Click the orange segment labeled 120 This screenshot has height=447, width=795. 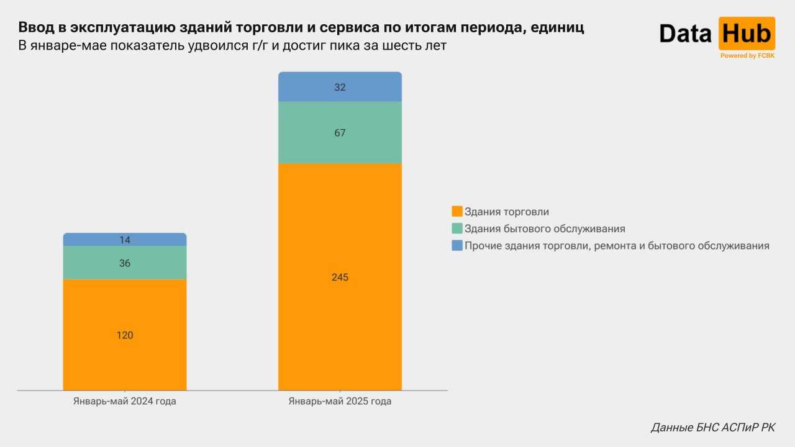[125, 335]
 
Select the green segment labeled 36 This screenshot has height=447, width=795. [125, 263]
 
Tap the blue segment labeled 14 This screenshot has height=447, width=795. [125, 240]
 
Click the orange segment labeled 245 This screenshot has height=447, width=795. [340, 277]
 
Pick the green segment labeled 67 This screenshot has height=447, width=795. [340, 132]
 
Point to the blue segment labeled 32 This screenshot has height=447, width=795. [340, 87]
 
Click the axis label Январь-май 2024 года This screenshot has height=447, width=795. [125, 401]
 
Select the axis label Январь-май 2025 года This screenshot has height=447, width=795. [340, 401]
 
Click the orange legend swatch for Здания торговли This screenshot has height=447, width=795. [457, 212]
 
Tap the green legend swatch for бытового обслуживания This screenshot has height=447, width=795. [457, 228]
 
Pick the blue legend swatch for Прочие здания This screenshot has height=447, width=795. [457, 245]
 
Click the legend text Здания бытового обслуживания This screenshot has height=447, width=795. [545, 228]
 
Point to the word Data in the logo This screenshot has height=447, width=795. [685, 34]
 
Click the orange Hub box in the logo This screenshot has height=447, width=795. [747, 34]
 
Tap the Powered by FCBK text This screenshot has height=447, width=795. [747, 56]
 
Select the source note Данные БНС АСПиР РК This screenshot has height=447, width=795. [712, 427]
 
